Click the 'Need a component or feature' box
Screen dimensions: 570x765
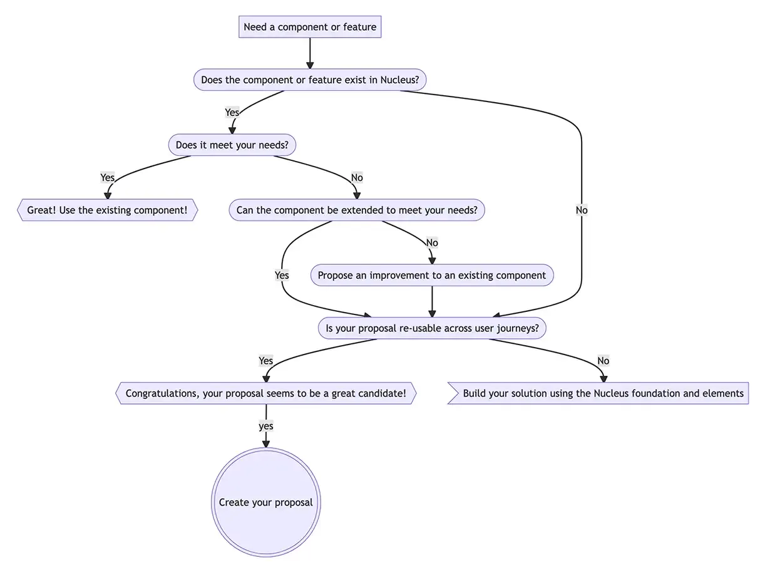click(x=310, y=27)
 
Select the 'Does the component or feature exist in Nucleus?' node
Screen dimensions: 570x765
click(x=310, y=80)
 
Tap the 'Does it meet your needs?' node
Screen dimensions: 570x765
click(x=232, y=145)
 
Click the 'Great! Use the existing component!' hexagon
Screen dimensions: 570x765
click(x=107, y=210)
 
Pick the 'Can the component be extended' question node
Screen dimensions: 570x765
click(x=357, y=210)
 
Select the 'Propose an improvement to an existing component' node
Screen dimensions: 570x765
click(x=432, y=276)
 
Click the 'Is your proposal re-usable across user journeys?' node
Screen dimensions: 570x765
click(x=432, y=328)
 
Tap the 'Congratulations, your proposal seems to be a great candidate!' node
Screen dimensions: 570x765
click(x=266, y=394)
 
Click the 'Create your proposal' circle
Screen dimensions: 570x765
click(x=266, y=502)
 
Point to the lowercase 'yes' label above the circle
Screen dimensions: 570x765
click(x=266, y=427)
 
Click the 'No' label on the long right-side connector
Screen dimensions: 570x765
click(x=582, y=210)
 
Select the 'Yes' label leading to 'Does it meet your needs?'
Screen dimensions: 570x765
click(x=232, y=113)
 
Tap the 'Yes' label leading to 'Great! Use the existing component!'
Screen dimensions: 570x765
click(x=108, y=178)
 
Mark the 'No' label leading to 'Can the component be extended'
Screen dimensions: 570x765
click(x=357, y=178)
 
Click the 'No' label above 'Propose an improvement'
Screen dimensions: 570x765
click(x=432, y=243)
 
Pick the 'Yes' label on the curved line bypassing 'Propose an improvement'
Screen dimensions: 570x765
click(x=282, y=276)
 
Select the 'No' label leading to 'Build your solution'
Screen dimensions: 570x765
click(x=603, y=361)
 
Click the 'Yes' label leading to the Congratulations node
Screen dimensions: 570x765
click(x=266, y=361)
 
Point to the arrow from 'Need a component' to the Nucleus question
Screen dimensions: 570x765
click(x=310, y=53)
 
